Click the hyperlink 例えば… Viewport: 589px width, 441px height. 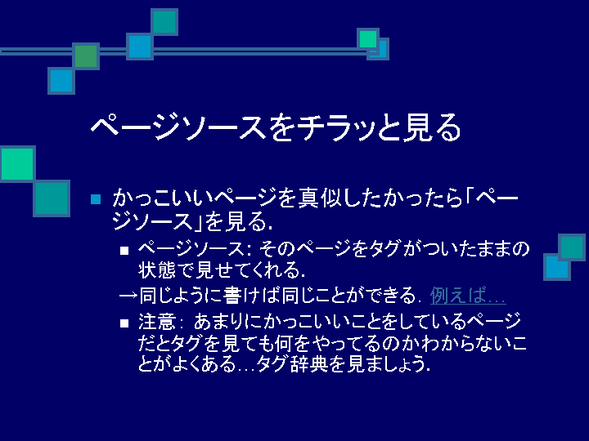point(468,296)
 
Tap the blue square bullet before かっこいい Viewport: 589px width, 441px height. point(96,199)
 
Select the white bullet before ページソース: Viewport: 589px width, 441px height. point(124,250)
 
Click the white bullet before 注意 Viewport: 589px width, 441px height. point(124,323)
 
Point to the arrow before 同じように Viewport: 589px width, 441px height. point(128,296)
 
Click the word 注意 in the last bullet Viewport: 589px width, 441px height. point(157,322)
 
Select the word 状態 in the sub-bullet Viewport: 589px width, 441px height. point(157,269)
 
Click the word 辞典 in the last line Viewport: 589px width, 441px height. point(304,363)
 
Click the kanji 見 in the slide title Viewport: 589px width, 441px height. point(416,127)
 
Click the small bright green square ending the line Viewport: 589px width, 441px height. point(368,39)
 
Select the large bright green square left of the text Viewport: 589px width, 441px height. point(17,164)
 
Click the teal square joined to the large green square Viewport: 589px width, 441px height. point(52,198)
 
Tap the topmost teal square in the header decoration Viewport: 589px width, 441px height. point(164,22)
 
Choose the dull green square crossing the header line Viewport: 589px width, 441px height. point(86,56)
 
